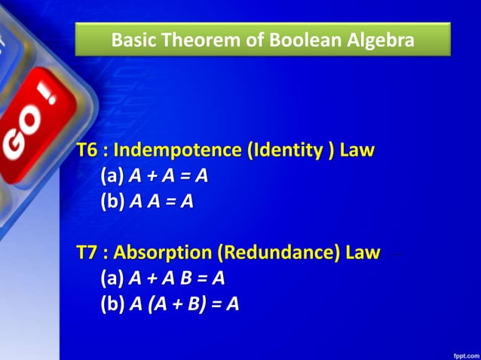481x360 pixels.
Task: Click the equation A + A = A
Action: click(x=169, y=175)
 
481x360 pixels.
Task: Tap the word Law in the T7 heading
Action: click(x=363, y=252)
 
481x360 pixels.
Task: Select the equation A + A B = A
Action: click(x=177, y=278)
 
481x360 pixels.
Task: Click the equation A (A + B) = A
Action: click(x=185, y=304)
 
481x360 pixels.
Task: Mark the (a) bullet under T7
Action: click(x=112, y=278)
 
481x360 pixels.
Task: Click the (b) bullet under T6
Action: click(x=112, y=201)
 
